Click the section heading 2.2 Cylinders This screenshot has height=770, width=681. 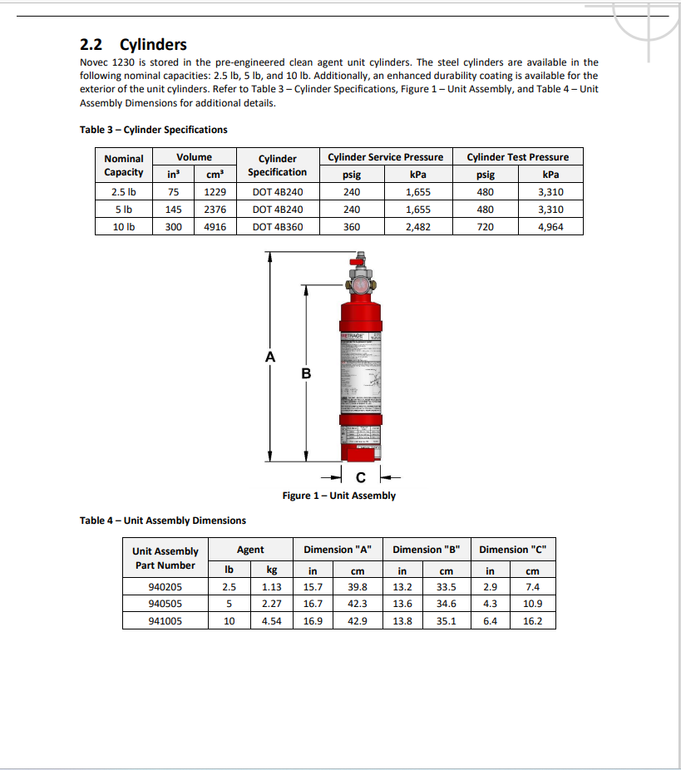(133, 44)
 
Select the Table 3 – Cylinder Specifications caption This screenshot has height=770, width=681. (154, 130)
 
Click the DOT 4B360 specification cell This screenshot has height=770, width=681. (278, 226)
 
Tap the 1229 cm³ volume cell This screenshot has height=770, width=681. (215, 191)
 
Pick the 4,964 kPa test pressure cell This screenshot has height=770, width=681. (550, 226)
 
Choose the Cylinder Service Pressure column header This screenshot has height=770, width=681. (385, 157)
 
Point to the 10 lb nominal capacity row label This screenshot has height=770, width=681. (124, 226)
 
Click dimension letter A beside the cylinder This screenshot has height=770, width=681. (269, 357)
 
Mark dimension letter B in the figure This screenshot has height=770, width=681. (306, 373)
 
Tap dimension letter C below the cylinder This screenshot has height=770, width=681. (360, 477)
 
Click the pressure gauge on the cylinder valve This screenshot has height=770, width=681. (361, 284)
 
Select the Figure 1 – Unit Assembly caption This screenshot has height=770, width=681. (338, 496)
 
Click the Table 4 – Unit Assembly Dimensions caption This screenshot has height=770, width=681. (163, 521)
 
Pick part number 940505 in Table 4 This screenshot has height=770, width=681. (165, 604)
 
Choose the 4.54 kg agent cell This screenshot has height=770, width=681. (271, 620)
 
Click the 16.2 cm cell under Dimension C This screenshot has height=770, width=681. (532, 620)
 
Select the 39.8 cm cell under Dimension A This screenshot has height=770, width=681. (358, 587)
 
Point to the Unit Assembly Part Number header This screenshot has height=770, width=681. (165, 558)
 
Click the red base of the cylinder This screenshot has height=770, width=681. (361, 452)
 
